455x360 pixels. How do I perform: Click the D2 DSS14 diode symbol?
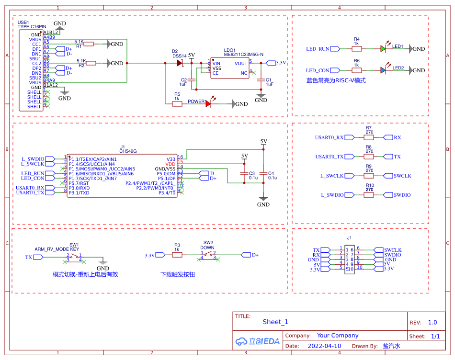(180, 63)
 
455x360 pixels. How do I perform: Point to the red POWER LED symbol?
(209, 103)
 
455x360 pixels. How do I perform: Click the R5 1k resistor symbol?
(177, 103)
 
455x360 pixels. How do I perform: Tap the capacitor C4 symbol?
(263, 173)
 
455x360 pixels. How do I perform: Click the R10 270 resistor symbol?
(369, 195)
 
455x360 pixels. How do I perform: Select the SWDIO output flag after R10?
(401, 195)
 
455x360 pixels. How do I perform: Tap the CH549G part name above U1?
(127, 151)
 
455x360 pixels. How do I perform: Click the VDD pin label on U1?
(171, 164)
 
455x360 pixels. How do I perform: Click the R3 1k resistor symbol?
(177, 255)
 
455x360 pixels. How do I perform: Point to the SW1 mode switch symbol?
(74, 257)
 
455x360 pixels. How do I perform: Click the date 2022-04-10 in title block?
(324, 346)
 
